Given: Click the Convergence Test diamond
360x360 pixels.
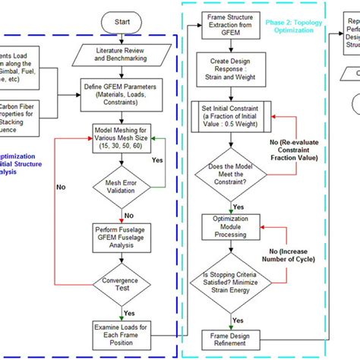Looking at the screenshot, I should pos(122,286).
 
